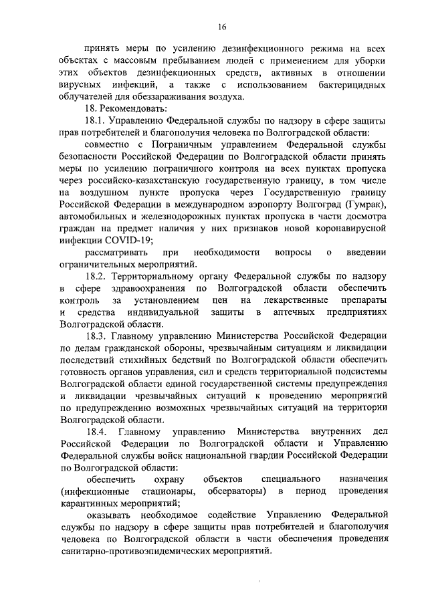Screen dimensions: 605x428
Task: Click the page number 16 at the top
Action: [x=222, y=27]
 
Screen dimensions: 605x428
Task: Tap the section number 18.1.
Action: [x=96, y=120]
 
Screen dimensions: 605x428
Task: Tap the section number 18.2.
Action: [x=96, y=276]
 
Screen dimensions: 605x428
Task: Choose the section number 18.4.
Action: [x=98, y=431]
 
